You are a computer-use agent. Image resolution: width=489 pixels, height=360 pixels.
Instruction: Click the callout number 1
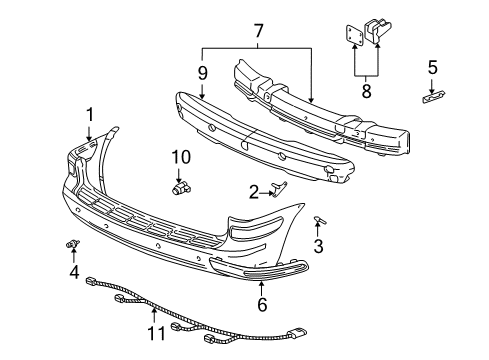[89, 116]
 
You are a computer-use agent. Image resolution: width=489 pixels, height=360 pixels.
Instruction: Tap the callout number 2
[255, 191]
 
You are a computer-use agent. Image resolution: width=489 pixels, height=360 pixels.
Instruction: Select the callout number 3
[318, 246]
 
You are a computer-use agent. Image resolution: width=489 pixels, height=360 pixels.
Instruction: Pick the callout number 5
[432, 68]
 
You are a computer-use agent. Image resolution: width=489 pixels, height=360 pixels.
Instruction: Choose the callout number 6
[262, 305]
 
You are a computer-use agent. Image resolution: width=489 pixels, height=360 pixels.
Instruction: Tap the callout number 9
[202, 73]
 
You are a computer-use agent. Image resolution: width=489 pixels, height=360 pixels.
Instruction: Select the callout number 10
[180, 157]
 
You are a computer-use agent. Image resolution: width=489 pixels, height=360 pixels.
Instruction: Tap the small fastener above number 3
[318, 218]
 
